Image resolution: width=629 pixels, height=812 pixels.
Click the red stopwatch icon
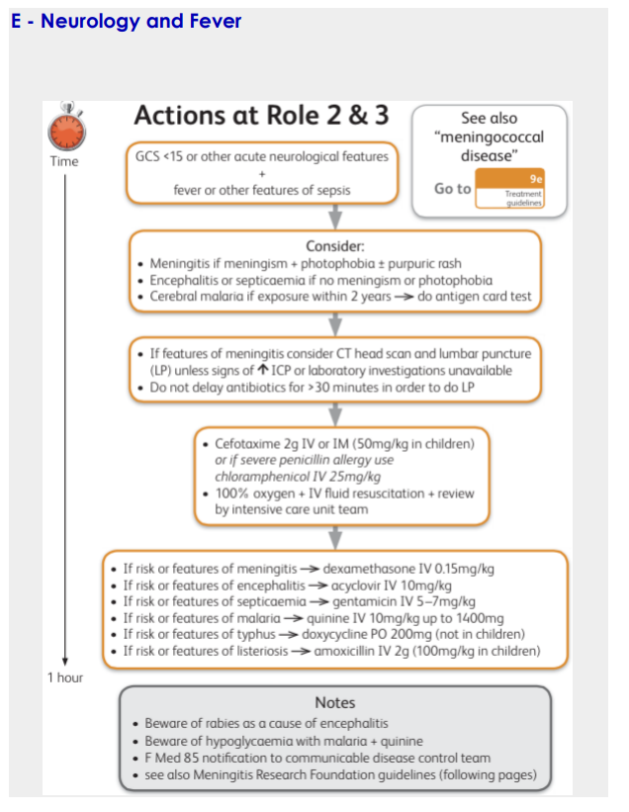(x=64, y=128)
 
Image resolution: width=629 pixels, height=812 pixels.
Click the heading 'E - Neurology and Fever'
(x=126, y=20)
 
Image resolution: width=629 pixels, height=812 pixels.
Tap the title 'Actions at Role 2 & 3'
(x=261, y=116)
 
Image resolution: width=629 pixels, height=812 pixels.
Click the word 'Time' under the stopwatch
(x=64, y=161)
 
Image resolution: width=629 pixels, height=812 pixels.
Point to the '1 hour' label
(x=65, y=677)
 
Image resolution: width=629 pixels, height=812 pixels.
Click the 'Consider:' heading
(x=336, y=244)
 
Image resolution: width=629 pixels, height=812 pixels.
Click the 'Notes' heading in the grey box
(x=334, y=701)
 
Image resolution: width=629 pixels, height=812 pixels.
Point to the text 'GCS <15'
(x=165, y=155)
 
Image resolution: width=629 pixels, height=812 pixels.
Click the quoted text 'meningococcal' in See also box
(x=490, y=136)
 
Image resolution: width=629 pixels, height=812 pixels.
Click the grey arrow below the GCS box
(x=336, y=216)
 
